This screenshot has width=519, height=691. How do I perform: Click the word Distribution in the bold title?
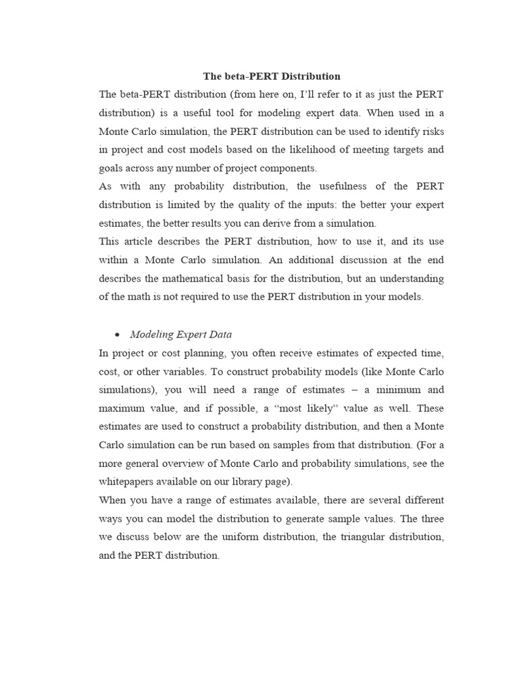310,76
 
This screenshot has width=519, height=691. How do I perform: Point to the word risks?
430,130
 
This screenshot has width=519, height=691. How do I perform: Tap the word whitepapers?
127,482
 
